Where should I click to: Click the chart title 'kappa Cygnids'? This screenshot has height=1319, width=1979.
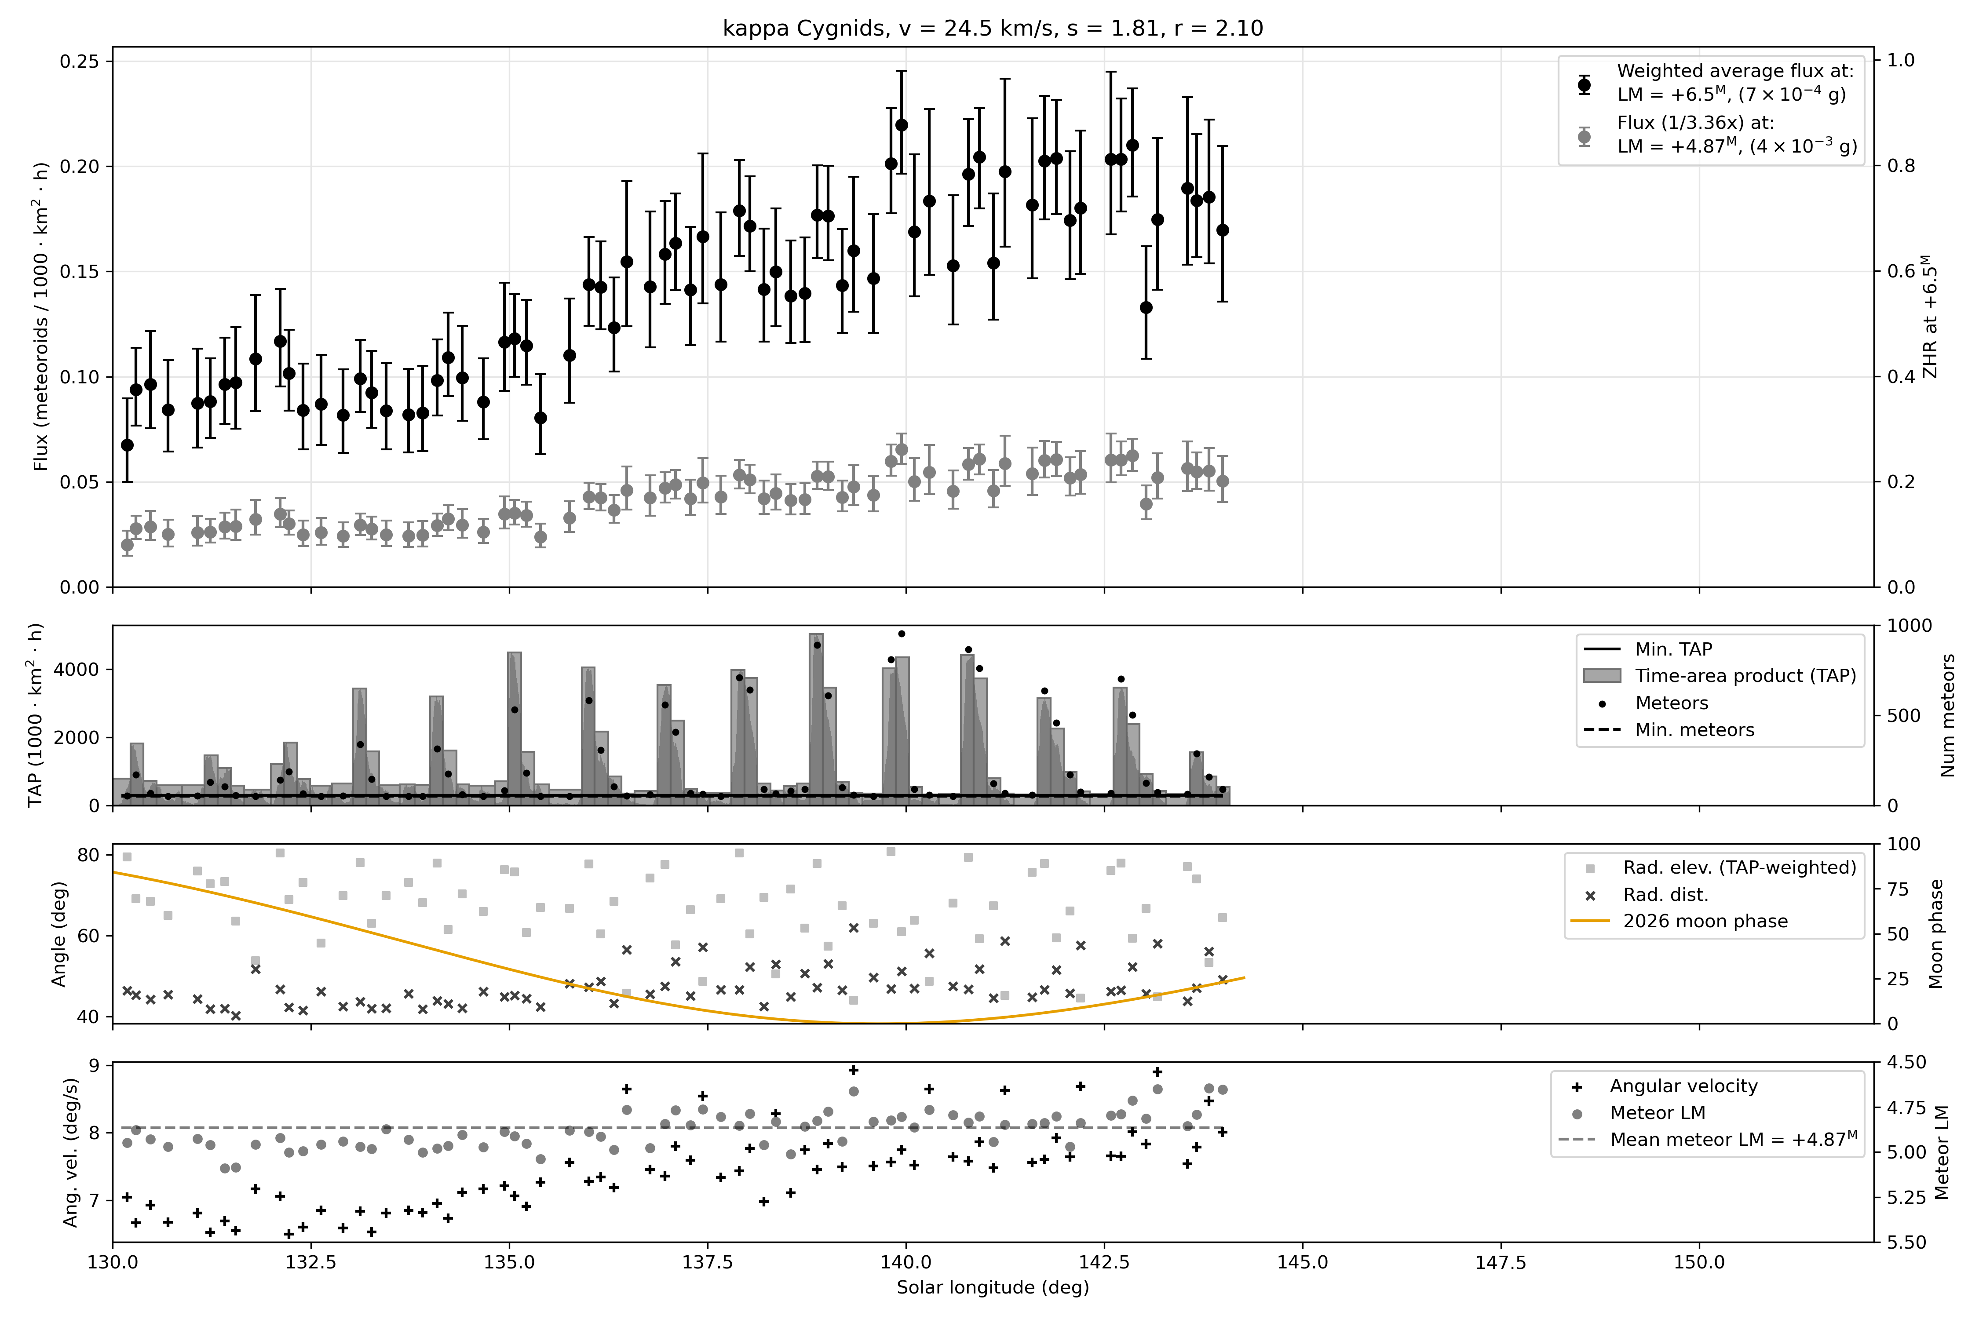click(804, 29)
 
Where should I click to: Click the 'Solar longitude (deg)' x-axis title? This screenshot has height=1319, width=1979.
click(993, 1288)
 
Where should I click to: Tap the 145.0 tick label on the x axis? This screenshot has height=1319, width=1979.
click(1303, 1263)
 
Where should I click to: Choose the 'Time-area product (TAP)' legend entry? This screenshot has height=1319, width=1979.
click(1745, 676)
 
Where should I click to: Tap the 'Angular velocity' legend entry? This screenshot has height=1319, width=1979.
click(1683, 1086)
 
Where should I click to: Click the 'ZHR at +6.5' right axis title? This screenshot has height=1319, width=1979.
click(1930, 317)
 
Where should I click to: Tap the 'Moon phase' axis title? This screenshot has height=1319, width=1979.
click(1936, 934)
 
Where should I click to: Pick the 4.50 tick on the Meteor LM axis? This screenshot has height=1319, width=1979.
click(1906, 1062)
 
